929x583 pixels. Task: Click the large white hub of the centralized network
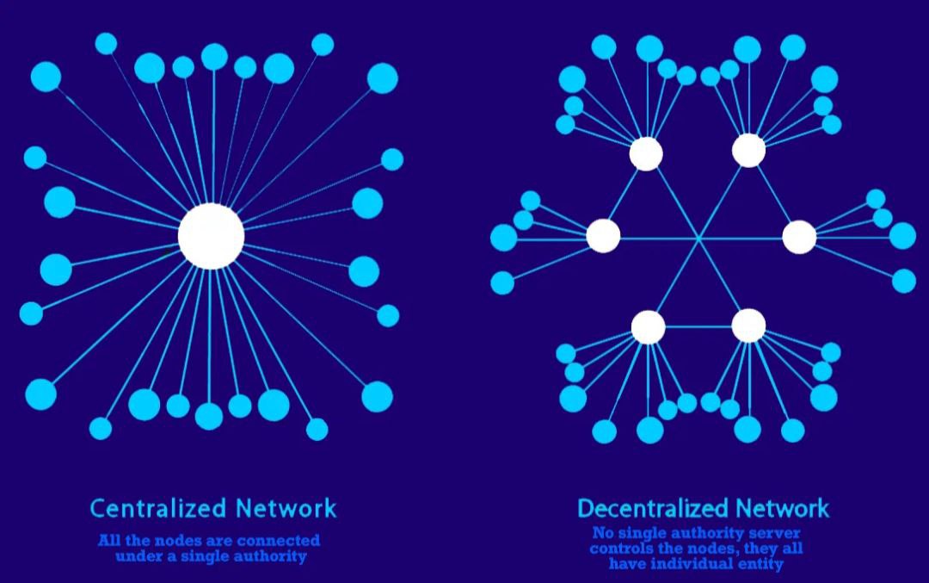tap(211, 236)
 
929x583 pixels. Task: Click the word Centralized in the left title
tap(158, 508)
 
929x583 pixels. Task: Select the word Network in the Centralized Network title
tap(286, 508)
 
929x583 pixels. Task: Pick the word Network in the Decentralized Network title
tap(775, 508)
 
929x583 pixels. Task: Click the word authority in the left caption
tap(270, 556)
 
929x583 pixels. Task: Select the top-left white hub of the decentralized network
tap(646, 153)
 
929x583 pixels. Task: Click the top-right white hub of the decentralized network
tap(749, 150)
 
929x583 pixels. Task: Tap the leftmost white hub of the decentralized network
tap(603, 236)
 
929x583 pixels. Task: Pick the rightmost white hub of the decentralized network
tap(799, 237)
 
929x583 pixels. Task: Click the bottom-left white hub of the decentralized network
tap(649, 326)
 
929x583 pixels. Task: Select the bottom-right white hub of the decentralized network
tap(749, 326)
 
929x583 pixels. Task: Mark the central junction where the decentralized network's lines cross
tap(698, 239)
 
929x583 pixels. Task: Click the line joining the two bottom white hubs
tap(698, 326)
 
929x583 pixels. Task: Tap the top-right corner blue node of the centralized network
tap(382, 78)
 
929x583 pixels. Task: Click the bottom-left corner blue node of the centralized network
tap(41, 394)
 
